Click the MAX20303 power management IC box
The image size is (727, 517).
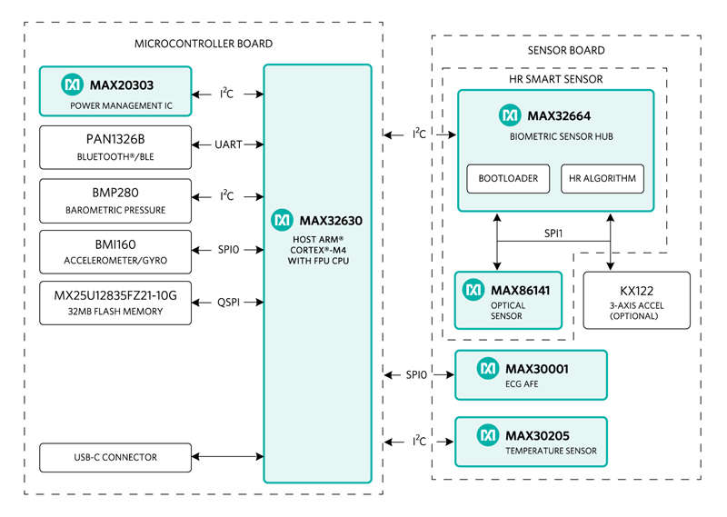coord(115,92)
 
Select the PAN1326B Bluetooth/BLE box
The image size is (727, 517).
coord(115,146)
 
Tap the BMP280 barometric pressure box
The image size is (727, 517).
coord(115,201)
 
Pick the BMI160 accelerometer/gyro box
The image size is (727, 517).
coord(115,253)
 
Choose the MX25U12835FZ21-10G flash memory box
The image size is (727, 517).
coord(115,303)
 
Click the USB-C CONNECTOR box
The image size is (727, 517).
coord(115,457)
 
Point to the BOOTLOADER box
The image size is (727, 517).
coord(508,178)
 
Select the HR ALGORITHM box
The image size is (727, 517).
coord(603,178)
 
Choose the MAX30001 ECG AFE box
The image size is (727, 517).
coord(531,374)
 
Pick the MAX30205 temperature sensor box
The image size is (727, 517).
coord(531,442)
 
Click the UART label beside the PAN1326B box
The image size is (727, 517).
coord(228,144)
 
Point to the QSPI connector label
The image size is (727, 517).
coord(228,300)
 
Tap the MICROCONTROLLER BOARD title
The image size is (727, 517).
coord(203,44)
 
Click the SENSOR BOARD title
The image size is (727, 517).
coord(565,52)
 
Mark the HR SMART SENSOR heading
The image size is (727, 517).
coord(553,79)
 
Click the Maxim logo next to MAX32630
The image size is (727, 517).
coord(282,220)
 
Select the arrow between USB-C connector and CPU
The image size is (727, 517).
coord(228,457)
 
